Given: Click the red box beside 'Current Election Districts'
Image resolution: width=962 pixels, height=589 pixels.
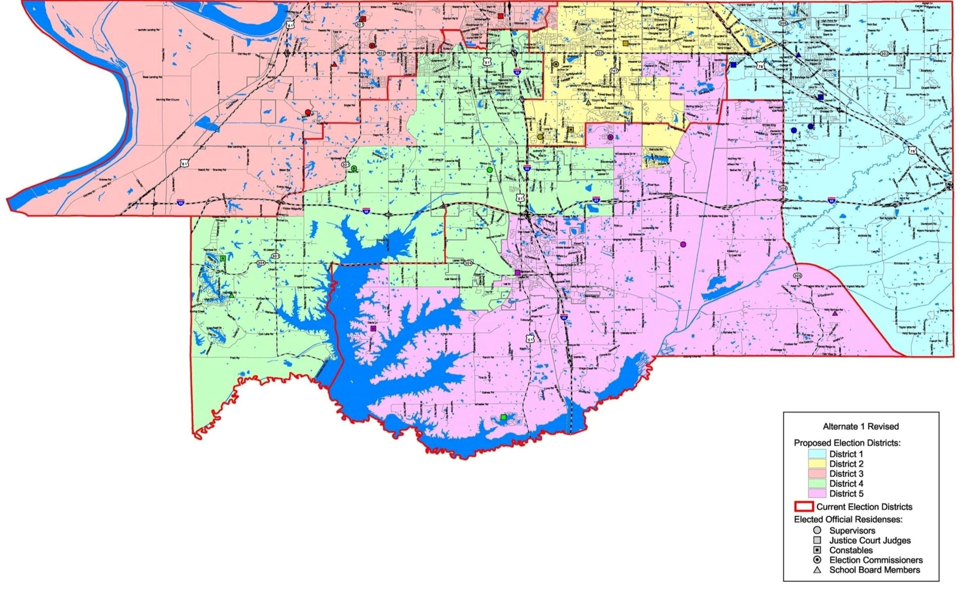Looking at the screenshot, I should pyautogui.click(x=804, y=507).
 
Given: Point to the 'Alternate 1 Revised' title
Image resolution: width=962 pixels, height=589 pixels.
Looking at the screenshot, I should pyautogui.click(x=861, y=426).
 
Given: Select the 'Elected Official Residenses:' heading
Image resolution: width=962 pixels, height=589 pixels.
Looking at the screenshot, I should pyautogui.click(x=848, y=520).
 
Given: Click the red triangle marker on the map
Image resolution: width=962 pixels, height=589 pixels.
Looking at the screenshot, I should pyautogui.click(x=335, y=64).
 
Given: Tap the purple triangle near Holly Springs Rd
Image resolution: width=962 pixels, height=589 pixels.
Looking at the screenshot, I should pyautogui.click(x=835, y=314).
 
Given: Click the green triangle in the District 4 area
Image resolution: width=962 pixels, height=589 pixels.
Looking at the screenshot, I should pyautogui.click(x=231, y=296).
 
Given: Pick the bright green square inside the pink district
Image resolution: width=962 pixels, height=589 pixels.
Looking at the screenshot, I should pyautogui.click(x=503, y=417).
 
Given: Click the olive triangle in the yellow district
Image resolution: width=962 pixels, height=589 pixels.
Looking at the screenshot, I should pyautogui.click(x=588, y=103).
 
